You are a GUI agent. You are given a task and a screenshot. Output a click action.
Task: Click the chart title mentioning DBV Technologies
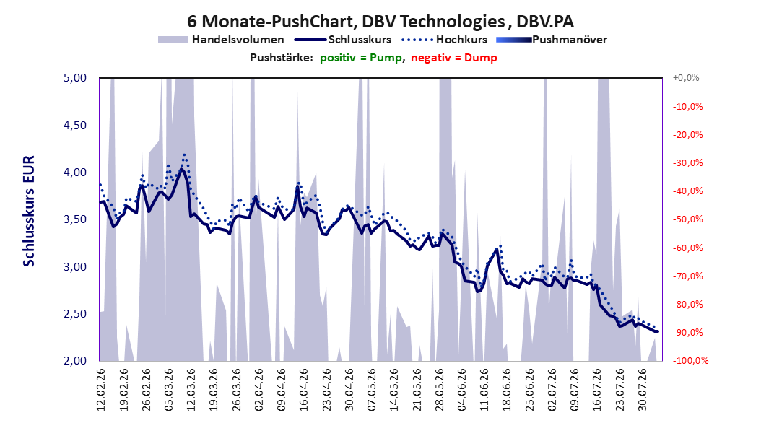pos(380,22)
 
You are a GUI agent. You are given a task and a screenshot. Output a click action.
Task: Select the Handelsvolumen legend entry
pos(221,40)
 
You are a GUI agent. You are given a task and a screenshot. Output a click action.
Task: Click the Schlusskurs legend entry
pos(343,40)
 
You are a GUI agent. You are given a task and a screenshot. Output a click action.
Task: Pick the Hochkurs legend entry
pos(444,40)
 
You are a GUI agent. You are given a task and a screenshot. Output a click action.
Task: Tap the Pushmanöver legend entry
pos(552,40)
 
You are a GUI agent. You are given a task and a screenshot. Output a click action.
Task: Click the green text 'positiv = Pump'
pos(361,58)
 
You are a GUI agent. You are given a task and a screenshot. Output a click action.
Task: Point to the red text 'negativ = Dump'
pos(454,58)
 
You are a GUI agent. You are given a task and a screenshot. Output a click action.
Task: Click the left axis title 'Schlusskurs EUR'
pos(29,211)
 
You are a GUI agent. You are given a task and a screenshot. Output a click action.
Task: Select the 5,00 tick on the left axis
pos(75,78)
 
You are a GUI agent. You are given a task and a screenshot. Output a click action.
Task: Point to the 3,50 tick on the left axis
pos(75,219)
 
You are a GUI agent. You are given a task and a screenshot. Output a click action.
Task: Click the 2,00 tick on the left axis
pos(75,360)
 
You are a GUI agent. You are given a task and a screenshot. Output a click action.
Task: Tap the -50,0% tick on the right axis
pos(687,219)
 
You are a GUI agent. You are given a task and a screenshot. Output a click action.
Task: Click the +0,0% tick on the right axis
pos(686,78)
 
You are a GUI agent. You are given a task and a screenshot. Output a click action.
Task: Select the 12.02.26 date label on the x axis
pos(101,390)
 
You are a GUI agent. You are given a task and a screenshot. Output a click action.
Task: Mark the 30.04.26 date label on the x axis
pos(349,390)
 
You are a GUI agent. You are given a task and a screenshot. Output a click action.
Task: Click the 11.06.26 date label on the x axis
pos(484,390)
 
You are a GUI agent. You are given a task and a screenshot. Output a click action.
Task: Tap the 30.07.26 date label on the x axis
pos(642,390)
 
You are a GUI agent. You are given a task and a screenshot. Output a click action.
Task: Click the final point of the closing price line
pos(658,331)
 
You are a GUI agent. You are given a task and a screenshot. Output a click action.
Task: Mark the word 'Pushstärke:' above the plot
pos(282,58)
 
